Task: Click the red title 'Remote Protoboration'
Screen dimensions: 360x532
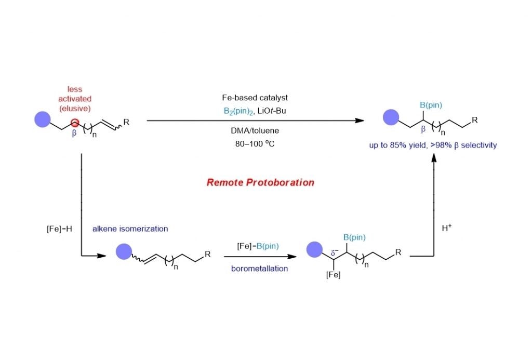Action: (x=260, y=182)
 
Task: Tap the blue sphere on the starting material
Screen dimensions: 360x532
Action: (x=42, y=120)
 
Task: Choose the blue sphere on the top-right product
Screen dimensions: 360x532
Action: (x=391, y=117)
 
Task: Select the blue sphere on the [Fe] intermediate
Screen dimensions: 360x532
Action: (x=315, y=249)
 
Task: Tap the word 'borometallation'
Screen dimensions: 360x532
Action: (x=255, y=269)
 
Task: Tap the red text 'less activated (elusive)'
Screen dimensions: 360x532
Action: (x=75, y=98)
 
